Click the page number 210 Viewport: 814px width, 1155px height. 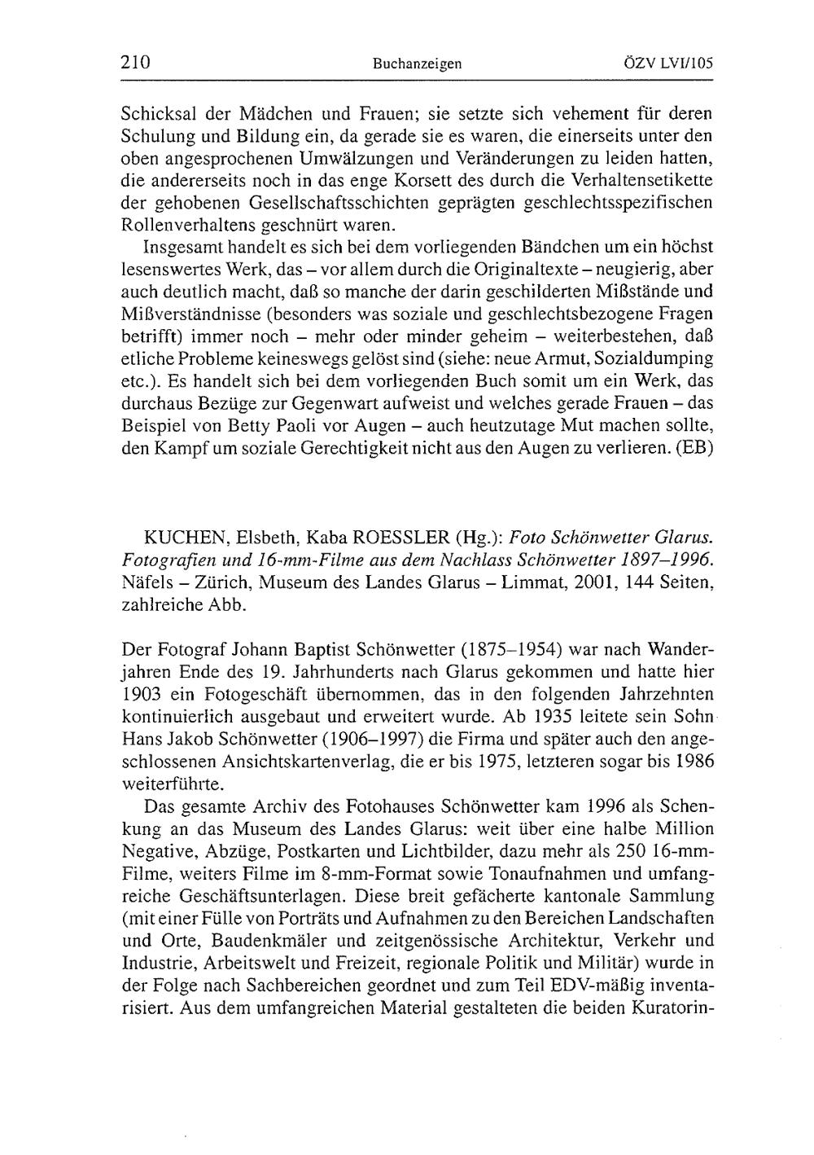pyautogui.click(x=135, y=62)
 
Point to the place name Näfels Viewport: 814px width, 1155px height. pyautogui.click(x=145, y=582)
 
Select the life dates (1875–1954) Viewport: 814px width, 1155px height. pyautogui.click(x=514, y=650)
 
